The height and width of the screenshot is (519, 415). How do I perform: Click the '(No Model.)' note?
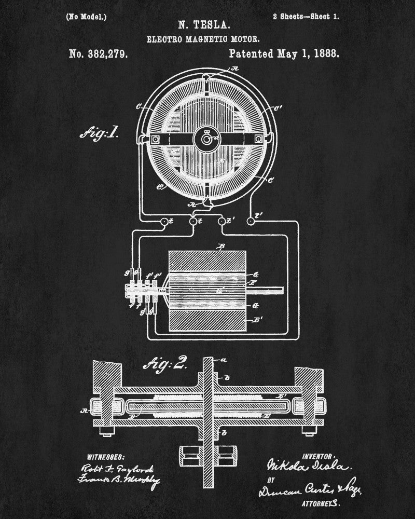point(86,17)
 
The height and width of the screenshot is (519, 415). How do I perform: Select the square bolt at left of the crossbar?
point(154,139)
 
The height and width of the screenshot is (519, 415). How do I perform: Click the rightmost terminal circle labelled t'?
point(251,221)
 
